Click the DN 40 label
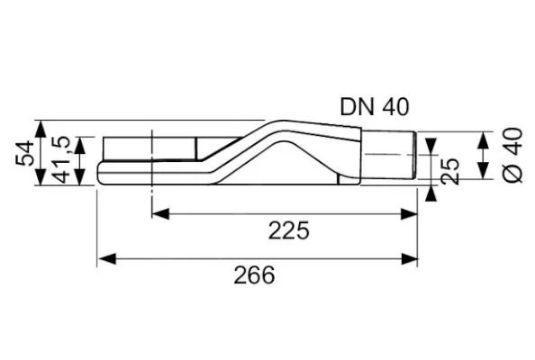tap(374, 105)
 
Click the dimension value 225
tap(288, 230)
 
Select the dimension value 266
tap(255, 275)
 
